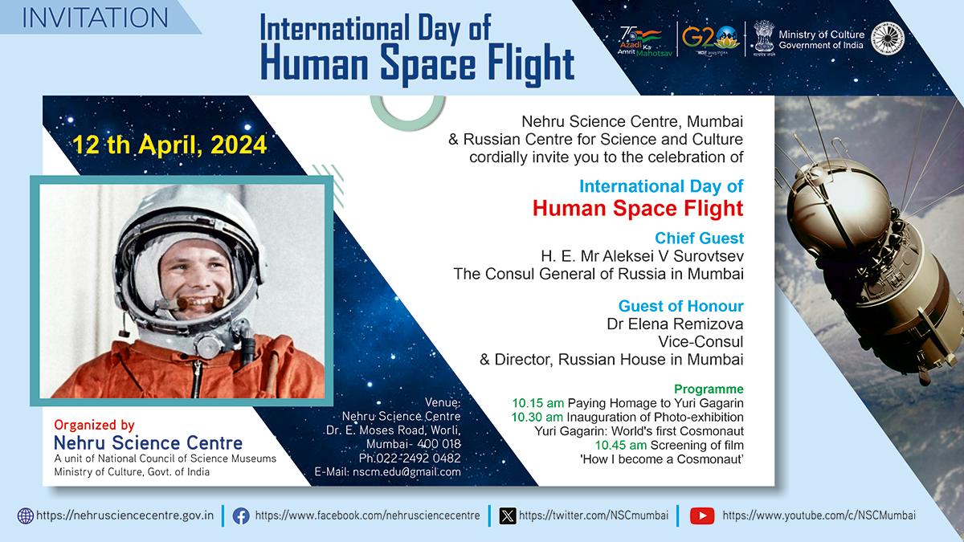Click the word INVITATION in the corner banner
[x=95, y=18]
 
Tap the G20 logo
[x=710, y=39]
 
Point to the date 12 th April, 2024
[x=170, y=145]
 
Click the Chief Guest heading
[x=699, y=238]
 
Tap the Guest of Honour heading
[x=681, y=306]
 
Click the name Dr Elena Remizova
[x=675, y=324]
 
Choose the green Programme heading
[x=709, y=389]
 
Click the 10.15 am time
[x=537, y=403]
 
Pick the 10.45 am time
[x=620, y=445]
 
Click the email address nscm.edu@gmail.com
[x=406, y=472]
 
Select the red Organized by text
[x=94, y=425]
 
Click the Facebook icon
[x=241, y=516]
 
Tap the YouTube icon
[x=702, y=516]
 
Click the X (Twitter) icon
[x=508, y=516]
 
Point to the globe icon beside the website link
[x=26, y=516]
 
